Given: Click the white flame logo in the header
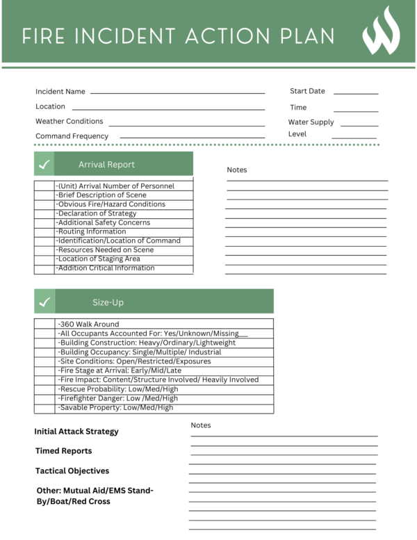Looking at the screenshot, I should [x=381, y=31].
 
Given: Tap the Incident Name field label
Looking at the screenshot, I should [x=60, y=92].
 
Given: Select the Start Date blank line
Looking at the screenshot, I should [x=356, y=92].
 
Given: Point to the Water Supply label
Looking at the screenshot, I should [x=311, y=122].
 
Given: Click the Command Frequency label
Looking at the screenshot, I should [x=72, y=136].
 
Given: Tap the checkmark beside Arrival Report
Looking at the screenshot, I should [x=44, y=165].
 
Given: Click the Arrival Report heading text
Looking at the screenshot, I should [x=106, y=165].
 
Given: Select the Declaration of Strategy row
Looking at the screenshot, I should [x=97, y=213].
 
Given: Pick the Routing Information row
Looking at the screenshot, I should [x=92, y=231].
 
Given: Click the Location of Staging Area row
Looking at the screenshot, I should [x=99, y=259].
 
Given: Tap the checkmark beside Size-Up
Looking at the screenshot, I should [x=44, y=302].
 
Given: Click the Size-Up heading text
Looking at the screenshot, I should [x=108, y=302].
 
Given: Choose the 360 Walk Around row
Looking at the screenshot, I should [x=89, y=324].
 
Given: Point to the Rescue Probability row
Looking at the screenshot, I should [x=118, y=389].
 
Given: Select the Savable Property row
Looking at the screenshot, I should [x=115, y=407].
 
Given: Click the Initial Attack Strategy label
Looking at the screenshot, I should [x=76, y=432].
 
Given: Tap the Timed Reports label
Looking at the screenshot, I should [x=63, y=451].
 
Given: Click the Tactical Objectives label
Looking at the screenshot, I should [x=72, y=471].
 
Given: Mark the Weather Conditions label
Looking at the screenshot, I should [x=69, y=122].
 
